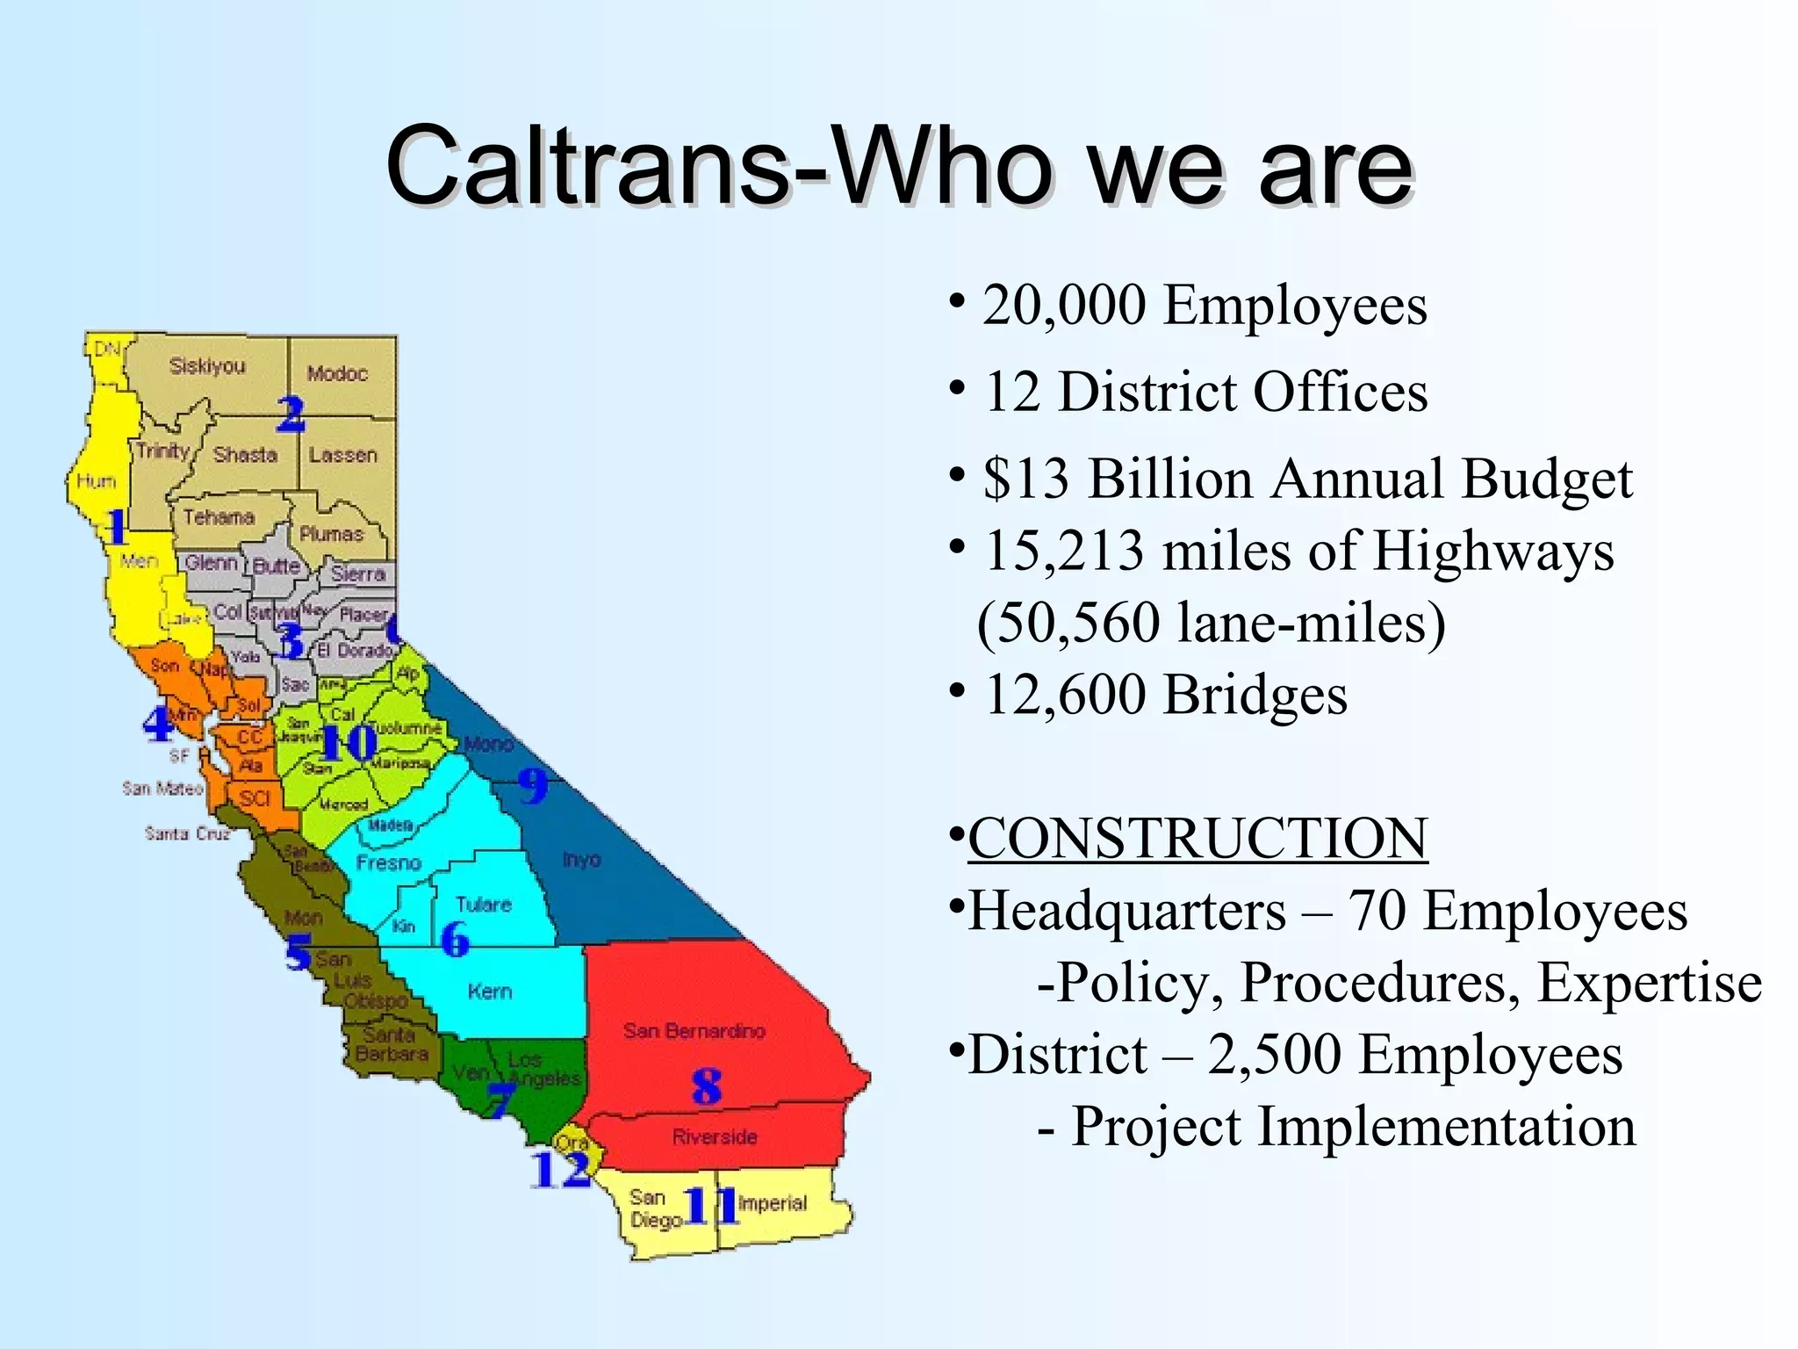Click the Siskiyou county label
pos(207,366)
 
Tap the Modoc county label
pos(337,374)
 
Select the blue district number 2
pos(291,414)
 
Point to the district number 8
pos(706,1086)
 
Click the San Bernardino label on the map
pos(694,1031)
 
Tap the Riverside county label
pos(714,1137)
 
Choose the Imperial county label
pos(772,1203)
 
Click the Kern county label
pos(489,992)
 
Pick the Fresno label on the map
pos(388,863)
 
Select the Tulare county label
pos(483,905)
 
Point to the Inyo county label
pos(581,859)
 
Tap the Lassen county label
pos(342,455)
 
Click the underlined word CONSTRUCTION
pos(1197,838)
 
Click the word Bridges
pos(1255,695)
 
